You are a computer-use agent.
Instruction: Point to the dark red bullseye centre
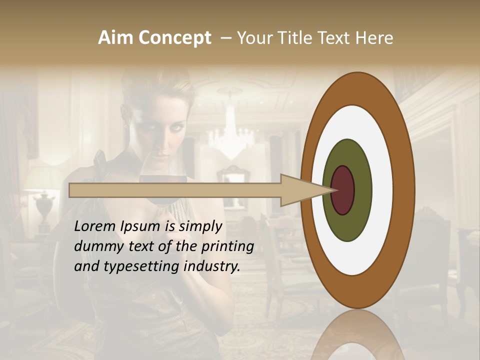[x=343, y=190]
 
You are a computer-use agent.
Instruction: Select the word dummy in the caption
[x=95, y=247]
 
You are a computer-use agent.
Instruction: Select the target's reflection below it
[x=357, y=337]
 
